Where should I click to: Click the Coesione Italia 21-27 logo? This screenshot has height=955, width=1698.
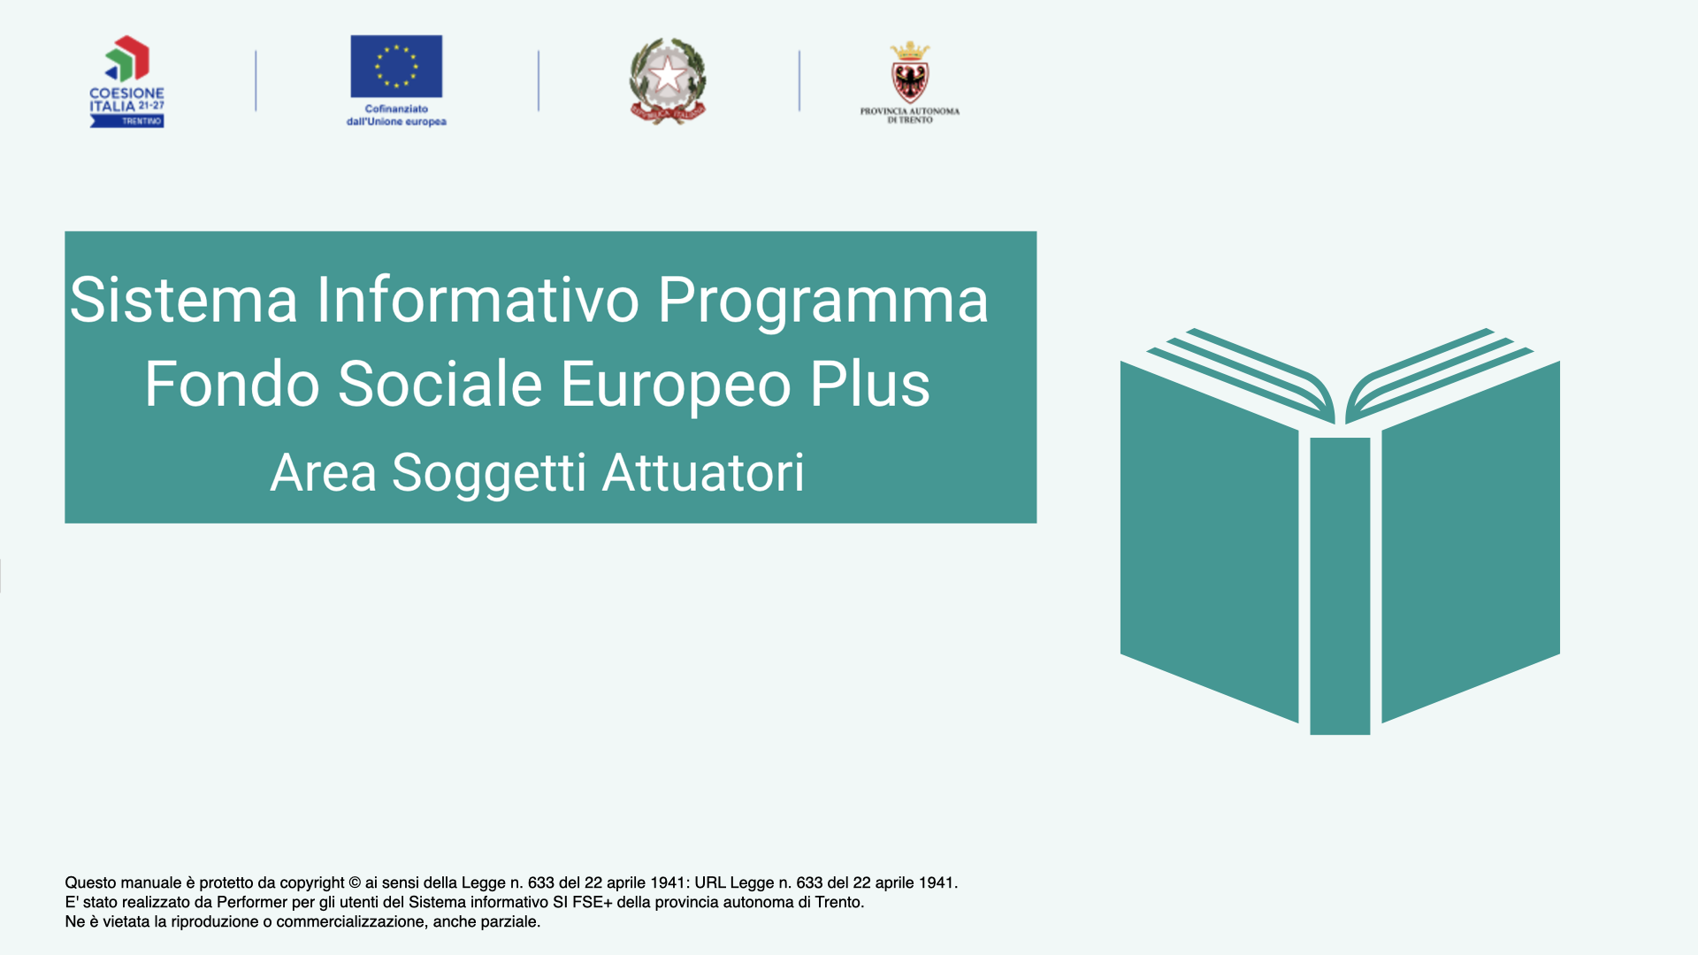(126, 81)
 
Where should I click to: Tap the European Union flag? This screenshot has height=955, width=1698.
(396, 66)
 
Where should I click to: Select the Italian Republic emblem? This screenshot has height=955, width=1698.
(668, 81)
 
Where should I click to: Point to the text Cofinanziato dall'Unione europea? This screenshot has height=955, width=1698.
(396, 115)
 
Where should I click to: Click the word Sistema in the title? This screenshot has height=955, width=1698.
(184, 300)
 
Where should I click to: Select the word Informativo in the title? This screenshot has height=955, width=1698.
(478, 300)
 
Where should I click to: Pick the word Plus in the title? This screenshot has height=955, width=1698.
(870, 384)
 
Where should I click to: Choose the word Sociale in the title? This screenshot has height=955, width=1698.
(440, 384)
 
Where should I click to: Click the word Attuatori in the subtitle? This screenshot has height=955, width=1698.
(704, 472)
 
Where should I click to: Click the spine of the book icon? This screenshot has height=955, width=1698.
(1340, 585)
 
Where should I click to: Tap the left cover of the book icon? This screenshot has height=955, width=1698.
(1209, 541)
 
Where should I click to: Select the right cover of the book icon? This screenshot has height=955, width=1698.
(1471, 541)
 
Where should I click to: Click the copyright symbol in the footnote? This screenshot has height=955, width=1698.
(355, 882)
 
